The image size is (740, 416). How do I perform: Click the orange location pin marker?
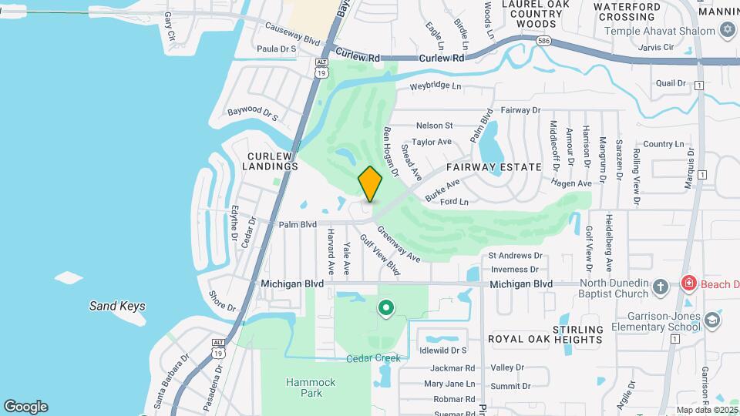coord(370,184)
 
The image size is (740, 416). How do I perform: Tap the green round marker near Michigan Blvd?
coord(385,309)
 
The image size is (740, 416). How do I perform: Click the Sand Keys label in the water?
coord(117,306)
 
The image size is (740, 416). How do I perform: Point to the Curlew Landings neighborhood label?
coord(271,160)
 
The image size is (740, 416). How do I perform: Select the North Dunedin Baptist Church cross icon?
coord(660,287)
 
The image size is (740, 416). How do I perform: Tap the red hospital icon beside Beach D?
coord(688,283)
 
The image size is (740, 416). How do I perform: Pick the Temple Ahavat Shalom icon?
coord(726,30)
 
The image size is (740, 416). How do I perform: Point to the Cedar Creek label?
coord(373,357)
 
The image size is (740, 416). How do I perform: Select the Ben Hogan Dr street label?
coord(391,150)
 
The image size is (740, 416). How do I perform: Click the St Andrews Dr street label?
coord(515,255)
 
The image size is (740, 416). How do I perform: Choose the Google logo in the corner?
coord(25,407)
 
